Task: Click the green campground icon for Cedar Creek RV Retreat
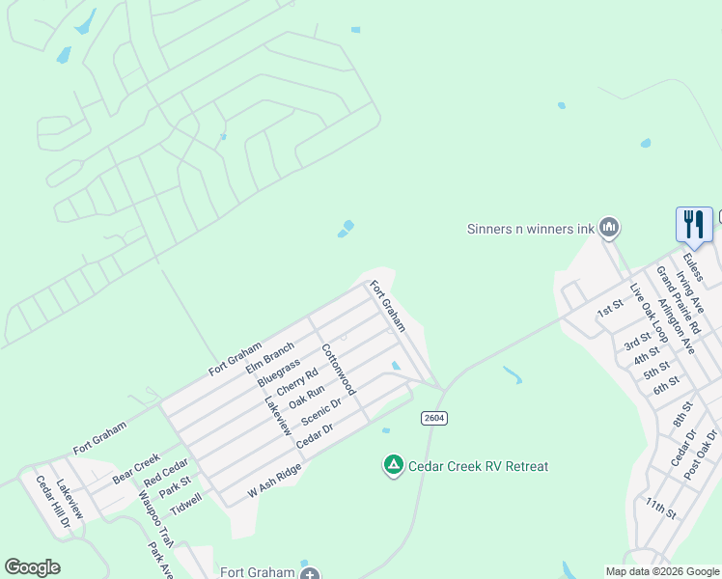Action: [x=393, y=466]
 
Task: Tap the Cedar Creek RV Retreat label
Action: [x=478, y=466]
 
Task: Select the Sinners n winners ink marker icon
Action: [x=608, y=228]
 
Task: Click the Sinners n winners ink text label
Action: [x=529, y=229]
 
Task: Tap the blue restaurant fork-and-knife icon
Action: [x=694, y=225]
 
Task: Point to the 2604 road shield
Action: [x=433, y=417]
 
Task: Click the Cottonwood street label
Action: [x=339, y=370]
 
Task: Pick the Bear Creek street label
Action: [x=135, y=469]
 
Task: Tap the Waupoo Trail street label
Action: [x=154, y=518]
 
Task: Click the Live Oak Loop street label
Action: [x=649, y=313]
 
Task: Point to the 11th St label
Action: [x=662, y=510]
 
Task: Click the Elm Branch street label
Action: [x=269, y=357]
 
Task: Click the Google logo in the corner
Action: [x=32, y=567]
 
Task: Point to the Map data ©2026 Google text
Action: [x=661, y=571]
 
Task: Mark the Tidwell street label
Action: [x=186, y=503]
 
